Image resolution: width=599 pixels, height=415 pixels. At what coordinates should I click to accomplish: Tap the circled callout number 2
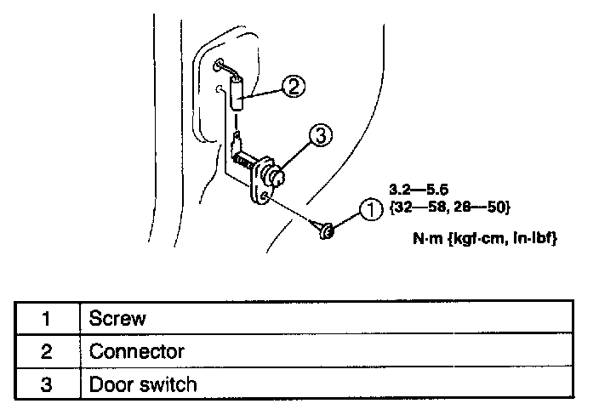click(x=292, y=86)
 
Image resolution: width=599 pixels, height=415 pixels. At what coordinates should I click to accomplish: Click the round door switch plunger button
click(x=275, y=178)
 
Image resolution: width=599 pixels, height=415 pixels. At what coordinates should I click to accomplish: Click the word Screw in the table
click(x=117, y=319)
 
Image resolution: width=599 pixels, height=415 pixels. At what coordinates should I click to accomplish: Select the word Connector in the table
click(x=137, y=351)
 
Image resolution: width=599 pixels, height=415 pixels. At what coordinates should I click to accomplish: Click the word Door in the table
click(x=109, y=384)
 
